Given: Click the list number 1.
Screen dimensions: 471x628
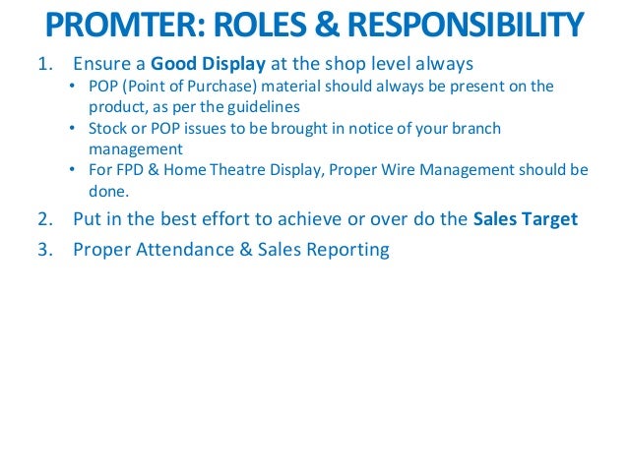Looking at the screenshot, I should (44, 65).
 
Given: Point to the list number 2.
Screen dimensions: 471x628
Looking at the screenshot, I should (44, 218).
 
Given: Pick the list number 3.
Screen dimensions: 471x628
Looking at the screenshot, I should (44, 249).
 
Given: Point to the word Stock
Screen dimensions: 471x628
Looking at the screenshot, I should (107, 129).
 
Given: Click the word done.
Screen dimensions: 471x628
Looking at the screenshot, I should (108, 191).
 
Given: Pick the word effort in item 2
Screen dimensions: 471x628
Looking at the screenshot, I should (234, 218).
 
